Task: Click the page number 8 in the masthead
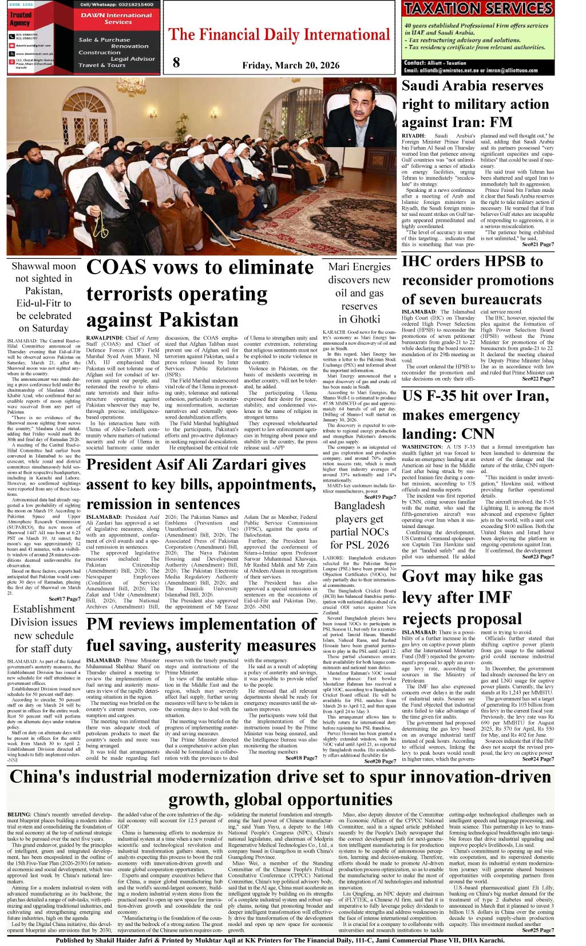click(176, 63)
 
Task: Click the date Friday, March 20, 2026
click(291, 65)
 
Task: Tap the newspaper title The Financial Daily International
click(279, 34)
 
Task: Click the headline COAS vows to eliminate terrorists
click(200, 293)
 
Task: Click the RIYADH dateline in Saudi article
click(413, 136)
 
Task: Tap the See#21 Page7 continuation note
click(537, 245)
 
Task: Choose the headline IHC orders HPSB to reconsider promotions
click(477, 280)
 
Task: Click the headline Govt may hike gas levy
click(473, 597)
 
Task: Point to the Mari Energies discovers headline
click(359, 293)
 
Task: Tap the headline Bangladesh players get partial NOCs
click(359, 525)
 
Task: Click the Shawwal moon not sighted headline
click(44, 297)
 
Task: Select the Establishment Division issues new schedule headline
click(44, 629)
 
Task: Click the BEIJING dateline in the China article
click(19, 814)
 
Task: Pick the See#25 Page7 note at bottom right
click(537, 930)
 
